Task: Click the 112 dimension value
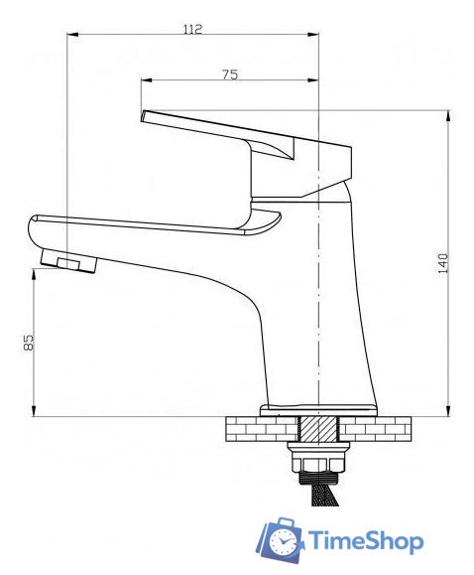click(x=192, y=29)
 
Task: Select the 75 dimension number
click(x=229, y=73)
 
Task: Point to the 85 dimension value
click(x=29, y=342)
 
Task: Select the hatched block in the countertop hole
click(x=318, y=428)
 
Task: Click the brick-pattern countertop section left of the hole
click(x=261, y=428)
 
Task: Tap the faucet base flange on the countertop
click(x=319, y=409)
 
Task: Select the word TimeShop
click(x=366, y=541)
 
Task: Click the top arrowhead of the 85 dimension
click(x=36, y=272)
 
